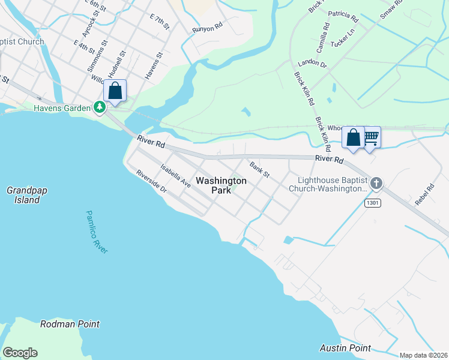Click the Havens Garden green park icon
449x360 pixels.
pos(99,107)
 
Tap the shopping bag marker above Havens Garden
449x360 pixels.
pos(115,91)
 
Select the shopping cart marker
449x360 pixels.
pos(371,137)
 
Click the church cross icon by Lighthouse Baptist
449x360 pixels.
pos(376,182)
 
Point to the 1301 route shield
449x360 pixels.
pos(372,203)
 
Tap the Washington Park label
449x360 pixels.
pos(221,185)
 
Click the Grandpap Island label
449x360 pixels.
pos(27,195)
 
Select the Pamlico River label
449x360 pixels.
pos(96,232)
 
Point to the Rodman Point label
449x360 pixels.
pos(70,324)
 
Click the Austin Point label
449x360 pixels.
pos(345,348)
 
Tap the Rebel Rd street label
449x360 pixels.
pos(424,195)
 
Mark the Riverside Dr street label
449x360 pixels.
pos(151,182)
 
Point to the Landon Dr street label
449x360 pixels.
pos(312,64)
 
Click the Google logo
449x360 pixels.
pos(20,353)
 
